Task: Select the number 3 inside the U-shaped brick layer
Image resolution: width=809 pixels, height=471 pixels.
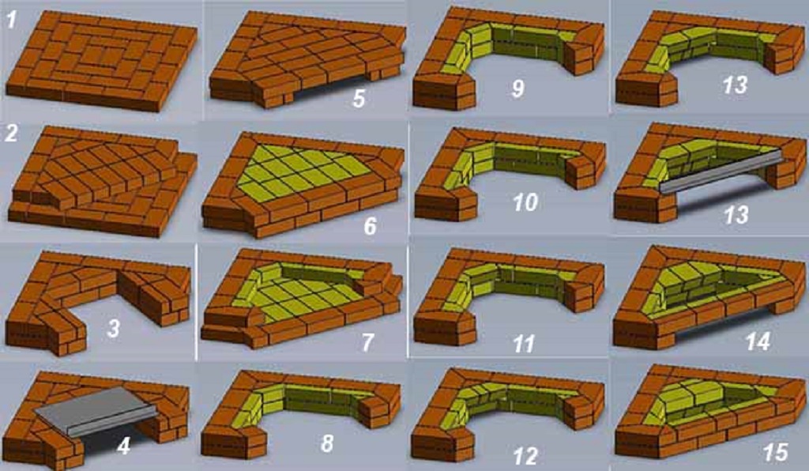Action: coord(113,328)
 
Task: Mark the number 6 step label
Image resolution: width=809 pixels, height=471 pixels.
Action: coord(370,227)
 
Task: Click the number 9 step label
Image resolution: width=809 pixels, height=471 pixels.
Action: coord(517,87)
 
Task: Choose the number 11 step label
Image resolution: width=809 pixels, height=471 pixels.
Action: coord(523,344)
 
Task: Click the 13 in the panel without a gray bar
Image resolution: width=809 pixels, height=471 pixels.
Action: coord(735,85)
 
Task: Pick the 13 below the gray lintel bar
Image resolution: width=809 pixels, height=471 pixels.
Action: coord(735,214)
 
